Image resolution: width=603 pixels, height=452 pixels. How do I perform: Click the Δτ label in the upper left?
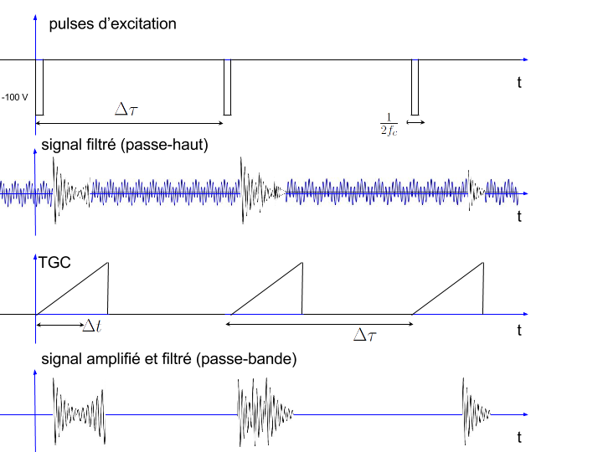click(125, 107)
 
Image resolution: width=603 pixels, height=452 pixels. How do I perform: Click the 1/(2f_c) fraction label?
click(388, 124)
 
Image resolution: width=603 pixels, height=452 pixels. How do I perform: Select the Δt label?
click(90, 326)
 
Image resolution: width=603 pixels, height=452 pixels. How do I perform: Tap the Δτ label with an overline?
click(363, 334)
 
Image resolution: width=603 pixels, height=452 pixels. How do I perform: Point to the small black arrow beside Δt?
click(78, 325)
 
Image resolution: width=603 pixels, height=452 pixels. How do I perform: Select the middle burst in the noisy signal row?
click(255, 192)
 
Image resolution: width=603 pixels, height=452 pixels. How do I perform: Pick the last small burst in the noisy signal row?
click(477, 192)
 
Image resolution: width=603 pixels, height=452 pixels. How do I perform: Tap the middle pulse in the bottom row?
click(265, 413)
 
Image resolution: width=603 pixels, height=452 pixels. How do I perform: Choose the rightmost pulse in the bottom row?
click(476, 413)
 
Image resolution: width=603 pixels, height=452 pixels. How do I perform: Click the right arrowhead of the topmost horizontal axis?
click(526, 59)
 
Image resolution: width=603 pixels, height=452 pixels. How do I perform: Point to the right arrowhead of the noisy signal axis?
click(525, 194)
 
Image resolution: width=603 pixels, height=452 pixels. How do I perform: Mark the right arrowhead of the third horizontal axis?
click(526, 314)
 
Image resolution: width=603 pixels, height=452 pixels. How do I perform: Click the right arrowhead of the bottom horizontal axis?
click(526, 414)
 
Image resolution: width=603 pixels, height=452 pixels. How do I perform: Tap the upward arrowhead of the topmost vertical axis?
click(35, 15)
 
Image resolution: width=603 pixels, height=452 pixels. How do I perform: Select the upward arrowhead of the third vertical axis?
click(35, 257)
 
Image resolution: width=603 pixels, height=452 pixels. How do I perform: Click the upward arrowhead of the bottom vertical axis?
click(35, 370)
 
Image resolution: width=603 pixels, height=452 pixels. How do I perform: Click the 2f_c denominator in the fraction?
click(389, 131)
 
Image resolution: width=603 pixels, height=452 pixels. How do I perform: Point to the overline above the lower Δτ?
click(363, 321)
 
